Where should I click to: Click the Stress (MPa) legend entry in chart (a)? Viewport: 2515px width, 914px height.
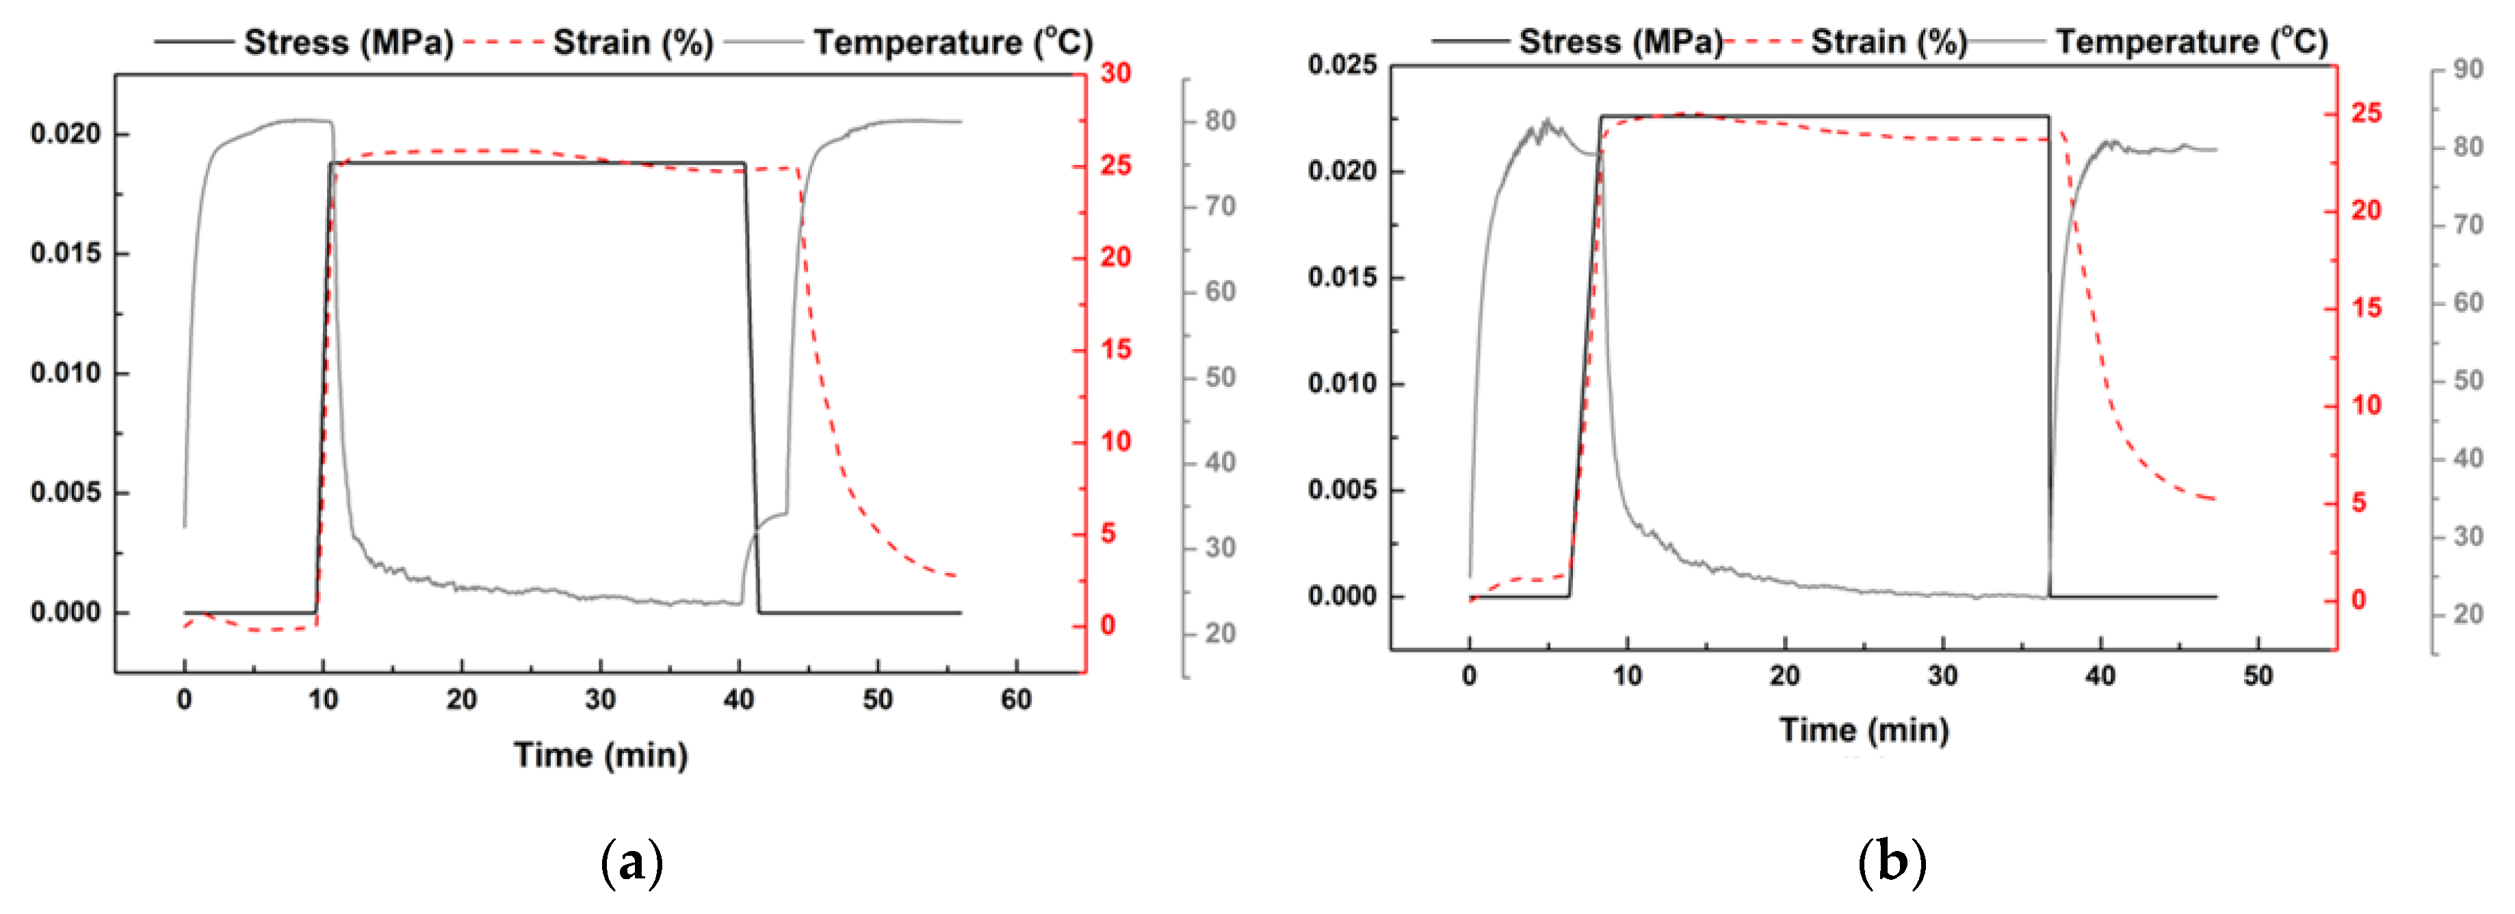pyautogui.click(x=348, y=43)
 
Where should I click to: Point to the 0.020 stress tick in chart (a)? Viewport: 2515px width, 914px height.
pyautogui.click(x=66, y=134)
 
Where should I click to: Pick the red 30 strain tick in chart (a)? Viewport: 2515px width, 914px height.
pyautogui.click(x=1116, y=73)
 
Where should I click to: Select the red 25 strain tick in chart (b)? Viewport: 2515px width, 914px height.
pyautogui.click(x=2366, y=113)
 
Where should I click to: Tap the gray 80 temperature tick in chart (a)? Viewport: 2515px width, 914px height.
pyautogui.click(x=1219, y=121)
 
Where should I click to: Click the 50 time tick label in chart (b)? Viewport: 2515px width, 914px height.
pyautogui.click(x=2257, y=676)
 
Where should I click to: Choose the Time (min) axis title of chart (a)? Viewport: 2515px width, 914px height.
pyautogui.click(x=601, y=755)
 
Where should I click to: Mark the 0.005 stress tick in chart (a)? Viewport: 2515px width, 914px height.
pyautogui.click(x=66, y=493)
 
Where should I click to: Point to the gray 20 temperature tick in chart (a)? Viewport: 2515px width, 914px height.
pyautogui.click(x=1219, y=634)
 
